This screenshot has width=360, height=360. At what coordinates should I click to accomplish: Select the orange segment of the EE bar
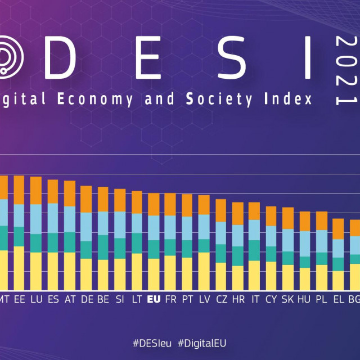19,190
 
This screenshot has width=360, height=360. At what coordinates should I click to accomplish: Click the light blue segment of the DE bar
86,227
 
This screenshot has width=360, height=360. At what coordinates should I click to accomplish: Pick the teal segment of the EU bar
153,249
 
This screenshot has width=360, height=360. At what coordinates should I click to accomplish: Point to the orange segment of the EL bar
338,229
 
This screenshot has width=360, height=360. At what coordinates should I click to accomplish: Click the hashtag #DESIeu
152,343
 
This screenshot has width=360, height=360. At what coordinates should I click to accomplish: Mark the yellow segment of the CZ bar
220,276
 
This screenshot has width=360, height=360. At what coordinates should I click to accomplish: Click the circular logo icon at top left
8,56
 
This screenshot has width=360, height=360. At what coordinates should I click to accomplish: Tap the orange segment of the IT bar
254,211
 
